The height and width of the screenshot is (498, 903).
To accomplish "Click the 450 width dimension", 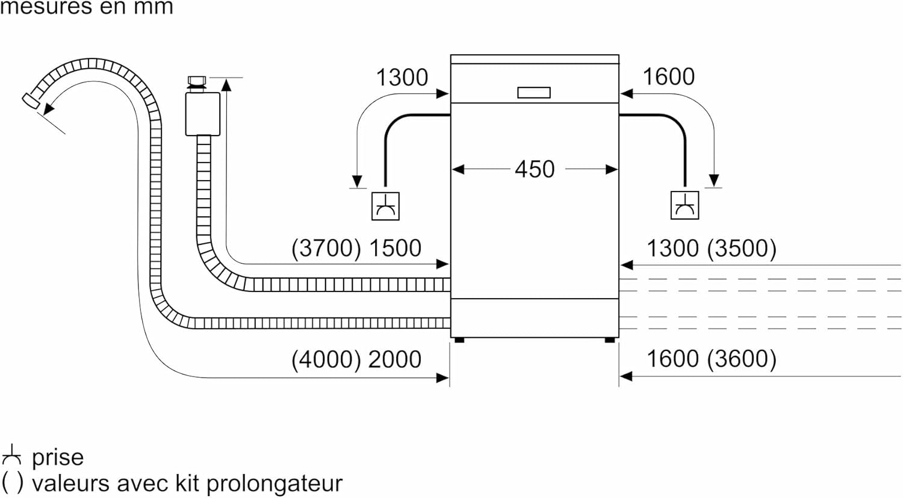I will click(x=534, y=169).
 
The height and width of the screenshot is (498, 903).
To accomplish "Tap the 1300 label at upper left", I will click(x=402, y=78).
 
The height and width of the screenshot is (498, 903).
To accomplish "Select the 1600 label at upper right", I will click(x=668, y=77).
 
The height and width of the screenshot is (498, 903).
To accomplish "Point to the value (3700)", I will click(x=326, y=248).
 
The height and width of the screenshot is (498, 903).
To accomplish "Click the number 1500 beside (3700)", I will click(x=395, y=248).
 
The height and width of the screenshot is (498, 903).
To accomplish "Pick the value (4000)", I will click(x=326, y=359).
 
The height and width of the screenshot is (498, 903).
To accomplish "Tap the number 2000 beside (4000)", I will click(x=395, y=359).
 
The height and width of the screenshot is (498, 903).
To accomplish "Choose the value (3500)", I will click(x=742, y=248).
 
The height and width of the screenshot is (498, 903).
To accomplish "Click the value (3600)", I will click(x=742, y=359).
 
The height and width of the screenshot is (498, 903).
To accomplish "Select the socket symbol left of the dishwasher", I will click(x=385, y=206).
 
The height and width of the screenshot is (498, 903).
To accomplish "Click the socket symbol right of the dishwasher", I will click(x=684, y=205).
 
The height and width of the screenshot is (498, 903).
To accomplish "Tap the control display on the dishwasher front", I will click(x=533, y=93).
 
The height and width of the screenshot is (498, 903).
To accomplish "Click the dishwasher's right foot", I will click(x=610, y=340).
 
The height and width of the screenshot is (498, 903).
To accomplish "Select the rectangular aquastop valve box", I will click(x=202, y=113).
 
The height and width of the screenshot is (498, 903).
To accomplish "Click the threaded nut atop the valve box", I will click(x=196, y=82).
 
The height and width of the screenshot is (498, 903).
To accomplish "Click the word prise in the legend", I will click(x=58, y=458).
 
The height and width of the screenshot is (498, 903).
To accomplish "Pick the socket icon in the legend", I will click(x=11, y=456).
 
